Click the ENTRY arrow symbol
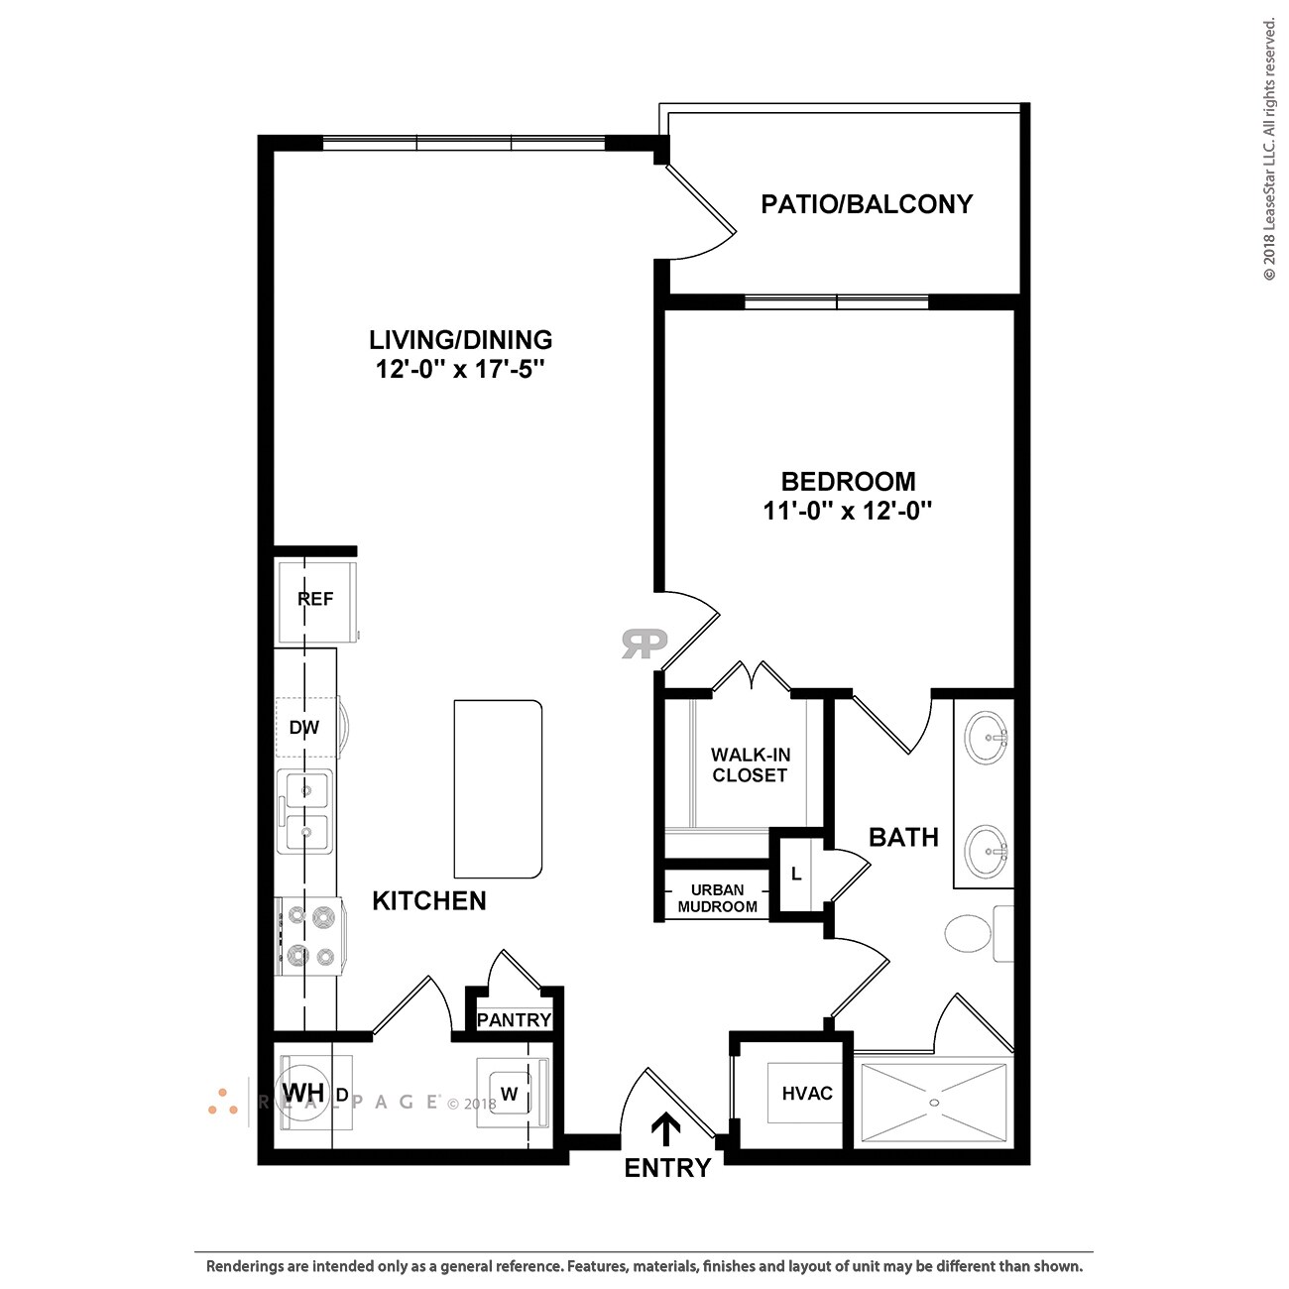665,1128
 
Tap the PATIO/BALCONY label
867,204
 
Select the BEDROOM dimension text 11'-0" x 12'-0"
848,511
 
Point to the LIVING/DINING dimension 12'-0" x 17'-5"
460,370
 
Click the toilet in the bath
968,933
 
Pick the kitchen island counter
498,788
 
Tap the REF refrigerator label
315,599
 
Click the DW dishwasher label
304,728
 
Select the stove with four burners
309,935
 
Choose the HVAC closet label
807,1094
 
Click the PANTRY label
514,1019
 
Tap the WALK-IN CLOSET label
750,764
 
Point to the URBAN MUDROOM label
717,898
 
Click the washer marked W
510,1094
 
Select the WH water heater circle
303,1093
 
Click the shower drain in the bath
933,1101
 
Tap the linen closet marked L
796,875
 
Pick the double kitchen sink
304,811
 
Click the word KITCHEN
429,900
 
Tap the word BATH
903,837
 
